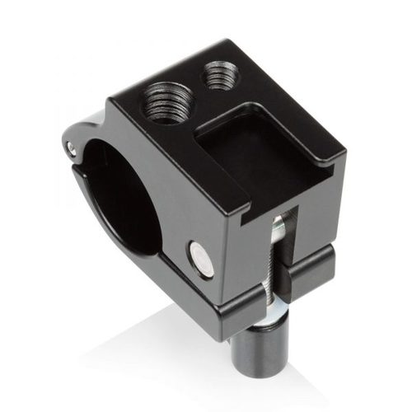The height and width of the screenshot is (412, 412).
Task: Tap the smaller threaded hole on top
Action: click(217, 79)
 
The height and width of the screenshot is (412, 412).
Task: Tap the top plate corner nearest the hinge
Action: click(115, 103)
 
